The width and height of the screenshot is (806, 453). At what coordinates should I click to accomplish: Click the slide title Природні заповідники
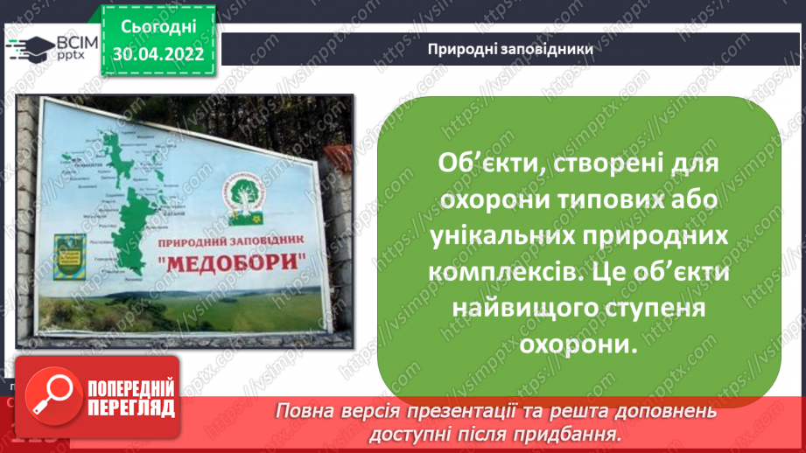click(x=511, y=49)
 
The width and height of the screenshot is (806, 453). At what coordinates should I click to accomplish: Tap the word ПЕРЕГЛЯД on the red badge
click(x=130, y=408)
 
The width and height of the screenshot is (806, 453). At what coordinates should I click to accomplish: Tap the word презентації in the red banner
click(x=483, y=411)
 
